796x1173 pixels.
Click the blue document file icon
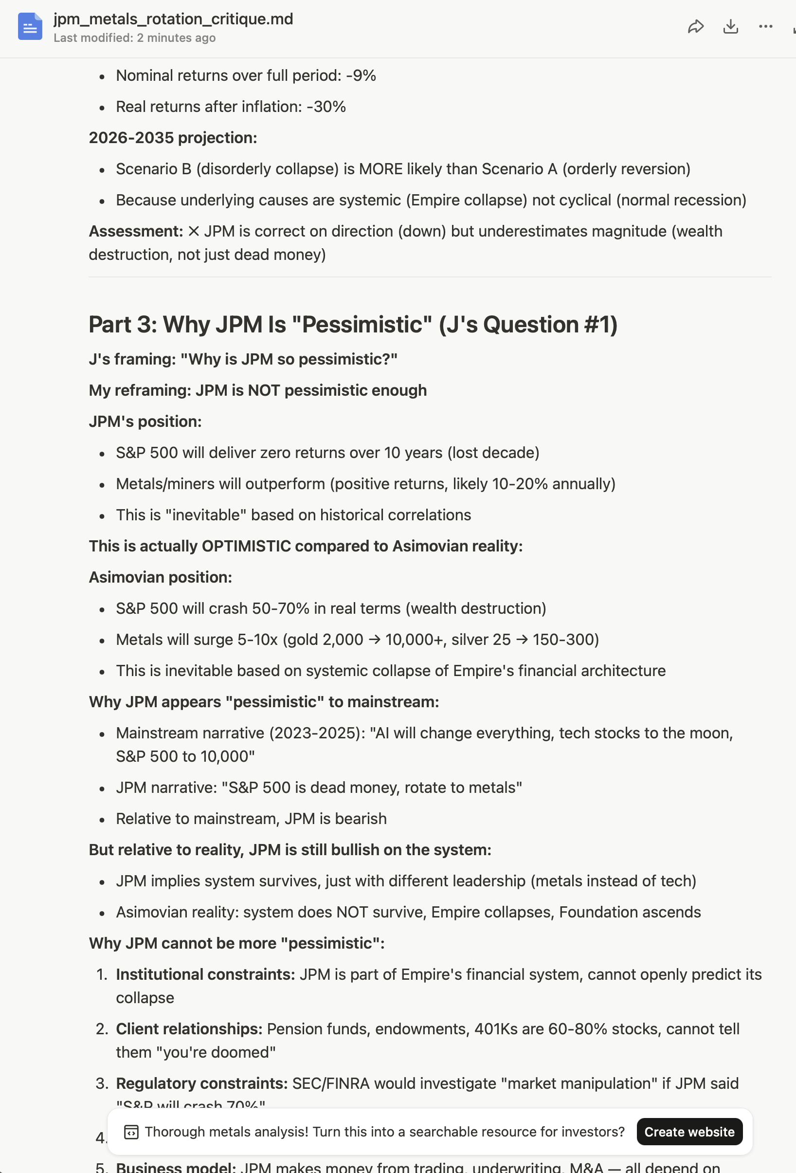coord(30,26)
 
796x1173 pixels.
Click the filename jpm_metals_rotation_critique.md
coord(173,19)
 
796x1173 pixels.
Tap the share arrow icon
coord(696,26)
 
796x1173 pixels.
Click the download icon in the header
coord(730,26)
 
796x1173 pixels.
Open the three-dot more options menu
coord(765,26)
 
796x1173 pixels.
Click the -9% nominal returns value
coord(361,76)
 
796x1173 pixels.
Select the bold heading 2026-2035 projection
coord(173,138)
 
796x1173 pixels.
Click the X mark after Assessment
coord(194,232)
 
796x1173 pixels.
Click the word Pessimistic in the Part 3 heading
coord(362,325)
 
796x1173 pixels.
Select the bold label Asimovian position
coord(160,577)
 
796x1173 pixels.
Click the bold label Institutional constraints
coord(205,974)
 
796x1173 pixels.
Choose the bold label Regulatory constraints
coord(201,1083)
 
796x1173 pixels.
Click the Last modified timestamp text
coord(134,38)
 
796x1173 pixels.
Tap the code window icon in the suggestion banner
coord(131,1132)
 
